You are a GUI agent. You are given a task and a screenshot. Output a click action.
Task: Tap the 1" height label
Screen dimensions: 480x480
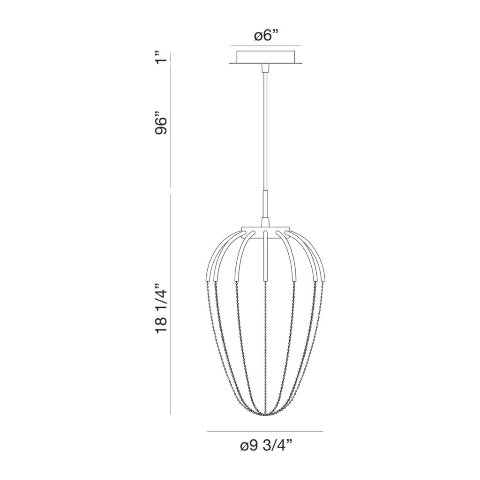[x=161, y=57]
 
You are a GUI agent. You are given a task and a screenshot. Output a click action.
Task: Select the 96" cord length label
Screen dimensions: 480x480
[x=161, y=124]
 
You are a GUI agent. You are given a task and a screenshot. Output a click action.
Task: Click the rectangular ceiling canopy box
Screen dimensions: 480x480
[x=265, y=56]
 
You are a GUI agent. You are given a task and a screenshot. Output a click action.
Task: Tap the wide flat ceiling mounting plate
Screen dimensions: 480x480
[x=265, y=63]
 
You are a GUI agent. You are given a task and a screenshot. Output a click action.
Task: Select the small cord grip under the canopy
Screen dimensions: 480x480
[x=265, y=69]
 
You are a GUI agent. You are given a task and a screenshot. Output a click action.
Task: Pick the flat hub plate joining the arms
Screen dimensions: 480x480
[x=265, y=230]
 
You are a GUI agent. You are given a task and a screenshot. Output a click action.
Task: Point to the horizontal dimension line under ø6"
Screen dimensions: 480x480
[x=265, y=45]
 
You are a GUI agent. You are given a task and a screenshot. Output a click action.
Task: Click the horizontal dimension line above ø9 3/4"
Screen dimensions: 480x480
[x=265, y=431]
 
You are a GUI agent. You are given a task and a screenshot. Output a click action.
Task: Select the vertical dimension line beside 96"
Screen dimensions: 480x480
[x=170, y=127]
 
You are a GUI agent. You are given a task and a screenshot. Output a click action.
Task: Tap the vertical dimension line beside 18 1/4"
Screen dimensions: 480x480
[x=170, y=305]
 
